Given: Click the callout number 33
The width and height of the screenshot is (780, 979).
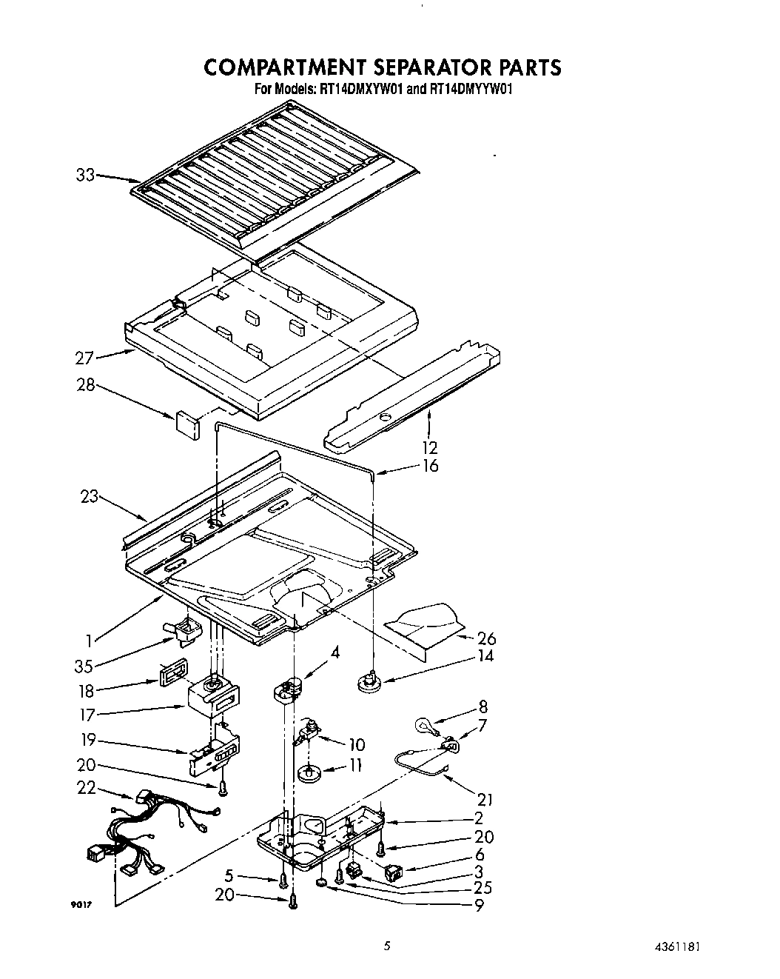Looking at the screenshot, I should (x=86, y=176).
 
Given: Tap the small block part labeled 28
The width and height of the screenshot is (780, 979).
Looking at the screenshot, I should (x=187, y=424).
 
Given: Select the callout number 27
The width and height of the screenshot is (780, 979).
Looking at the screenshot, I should (x=85, y=358).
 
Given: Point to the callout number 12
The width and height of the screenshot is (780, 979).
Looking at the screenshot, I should (x=430, y=447).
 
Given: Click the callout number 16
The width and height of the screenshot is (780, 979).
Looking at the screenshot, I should (x=430, y=466).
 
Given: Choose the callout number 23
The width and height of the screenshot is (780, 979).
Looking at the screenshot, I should (x=89, y=497).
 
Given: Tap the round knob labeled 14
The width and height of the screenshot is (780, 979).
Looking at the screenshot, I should (x=369, y=681).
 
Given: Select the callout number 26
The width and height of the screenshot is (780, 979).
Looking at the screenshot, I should (x=487, y=638).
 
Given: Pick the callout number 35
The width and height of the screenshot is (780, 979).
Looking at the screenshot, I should (x=84, y=666).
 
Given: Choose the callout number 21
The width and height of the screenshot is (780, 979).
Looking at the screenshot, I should (x=485, y=799).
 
